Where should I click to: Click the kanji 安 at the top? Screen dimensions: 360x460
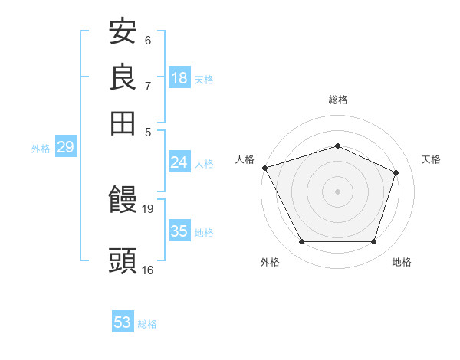coord(123,32)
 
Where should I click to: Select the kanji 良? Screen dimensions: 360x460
coord(123,77)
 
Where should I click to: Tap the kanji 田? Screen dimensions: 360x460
coord(123,123)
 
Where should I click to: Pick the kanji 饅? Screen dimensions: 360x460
coord(123,201)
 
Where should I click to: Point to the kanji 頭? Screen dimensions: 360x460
coord(123,260)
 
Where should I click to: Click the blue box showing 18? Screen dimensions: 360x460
coord(179,78)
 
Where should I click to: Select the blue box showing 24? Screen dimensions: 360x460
coord(179,162)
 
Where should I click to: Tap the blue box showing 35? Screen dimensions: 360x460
coord(179,231)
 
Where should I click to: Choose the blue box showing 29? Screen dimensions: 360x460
coord(65,147)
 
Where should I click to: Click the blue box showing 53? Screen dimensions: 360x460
coord(123,322)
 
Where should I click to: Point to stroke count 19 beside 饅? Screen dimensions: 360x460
coord(148,208)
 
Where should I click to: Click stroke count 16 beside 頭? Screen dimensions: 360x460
coord(148,270)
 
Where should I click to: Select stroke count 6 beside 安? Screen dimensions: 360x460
coord(147,41)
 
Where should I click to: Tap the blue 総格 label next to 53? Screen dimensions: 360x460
coord(147,324)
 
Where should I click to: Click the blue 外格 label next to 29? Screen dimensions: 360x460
coord(41,149)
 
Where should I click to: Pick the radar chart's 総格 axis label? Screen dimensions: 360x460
coord(337,100)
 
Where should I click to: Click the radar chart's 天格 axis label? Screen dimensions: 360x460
coord(431,159)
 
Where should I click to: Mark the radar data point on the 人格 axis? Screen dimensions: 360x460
coord(264,168)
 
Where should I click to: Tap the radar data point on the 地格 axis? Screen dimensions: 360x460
coord(373,242)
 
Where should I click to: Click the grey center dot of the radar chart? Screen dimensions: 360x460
coord(337,191)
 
